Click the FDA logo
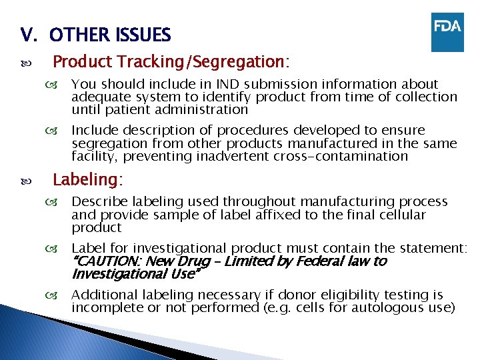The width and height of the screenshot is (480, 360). coord(447,31)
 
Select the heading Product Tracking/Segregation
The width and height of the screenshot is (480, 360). coord(171,62)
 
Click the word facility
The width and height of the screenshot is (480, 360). coord(91,156)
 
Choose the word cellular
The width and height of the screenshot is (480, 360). coord(401,215)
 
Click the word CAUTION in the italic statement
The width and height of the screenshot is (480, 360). coord(107,261)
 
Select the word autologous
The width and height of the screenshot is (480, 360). coord(382,307)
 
